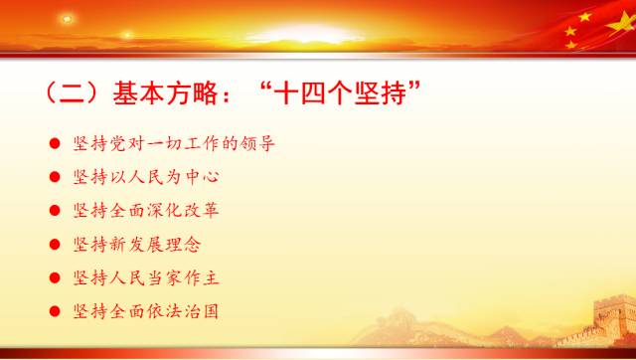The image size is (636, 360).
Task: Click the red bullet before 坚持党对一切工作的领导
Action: click(54, 144)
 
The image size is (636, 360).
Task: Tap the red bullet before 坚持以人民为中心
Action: click(54, 178)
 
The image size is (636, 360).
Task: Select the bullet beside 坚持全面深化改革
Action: click(54, 212)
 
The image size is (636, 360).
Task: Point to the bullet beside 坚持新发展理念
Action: click(54, 245)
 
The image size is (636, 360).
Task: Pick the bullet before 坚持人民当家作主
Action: click(54, 278)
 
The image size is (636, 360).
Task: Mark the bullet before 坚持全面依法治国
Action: click(54, 312)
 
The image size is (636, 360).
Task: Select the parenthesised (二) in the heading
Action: click(68, 95)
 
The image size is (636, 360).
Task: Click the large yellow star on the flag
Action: click(579, 18)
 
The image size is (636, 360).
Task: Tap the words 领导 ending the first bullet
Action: click(255, 144)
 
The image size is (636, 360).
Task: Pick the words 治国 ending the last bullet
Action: click(201, 312)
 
